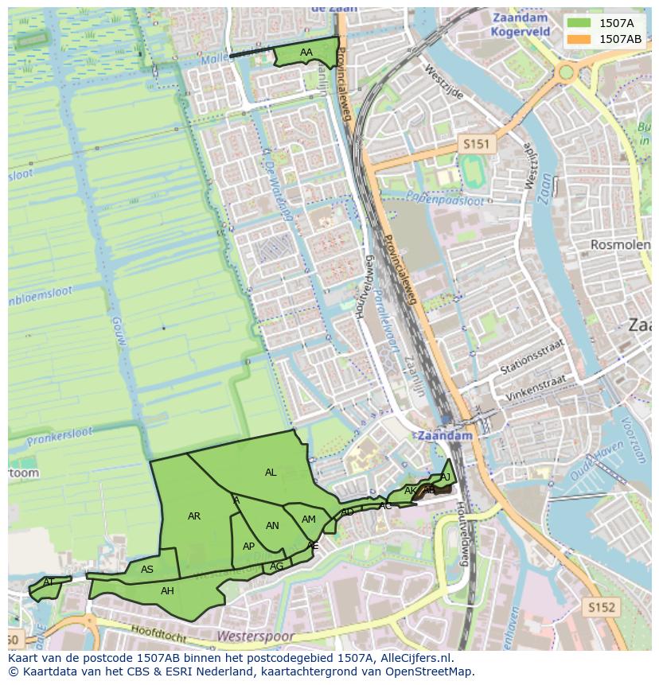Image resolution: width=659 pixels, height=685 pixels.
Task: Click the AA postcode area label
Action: click(306, 53)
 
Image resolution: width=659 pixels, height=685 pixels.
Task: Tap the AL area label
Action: click(271, 473)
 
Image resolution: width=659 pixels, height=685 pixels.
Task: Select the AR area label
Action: click(194, 516)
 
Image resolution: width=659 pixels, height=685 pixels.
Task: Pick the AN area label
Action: click(272, 526)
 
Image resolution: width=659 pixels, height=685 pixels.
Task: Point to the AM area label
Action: click(309, 520)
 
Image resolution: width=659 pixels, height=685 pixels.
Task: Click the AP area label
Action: click(248, 547)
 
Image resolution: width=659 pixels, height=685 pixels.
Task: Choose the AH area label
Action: click(167, 591)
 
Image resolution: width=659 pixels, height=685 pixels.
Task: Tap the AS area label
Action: click(147, 570)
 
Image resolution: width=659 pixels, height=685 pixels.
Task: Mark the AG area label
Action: click(276, 566)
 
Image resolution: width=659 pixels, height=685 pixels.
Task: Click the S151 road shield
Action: click(477, 144)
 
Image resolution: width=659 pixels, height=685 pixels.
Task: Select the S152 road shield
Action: click(602, 607)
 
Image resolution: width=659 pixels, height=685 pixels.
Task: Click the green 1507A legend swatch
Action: click(579, 23)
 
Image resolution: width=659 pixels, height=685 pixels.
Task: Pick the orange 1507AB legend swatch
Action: click(579, 39)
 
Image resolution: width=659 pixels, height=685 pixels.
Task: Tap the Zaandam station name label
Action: click(444, 436)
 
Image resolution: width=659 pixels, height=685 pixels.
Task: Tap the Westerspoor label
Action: click(255, 637)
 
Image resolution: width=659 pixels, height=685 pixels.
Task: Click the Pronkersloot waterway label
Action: click(60, 436)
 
